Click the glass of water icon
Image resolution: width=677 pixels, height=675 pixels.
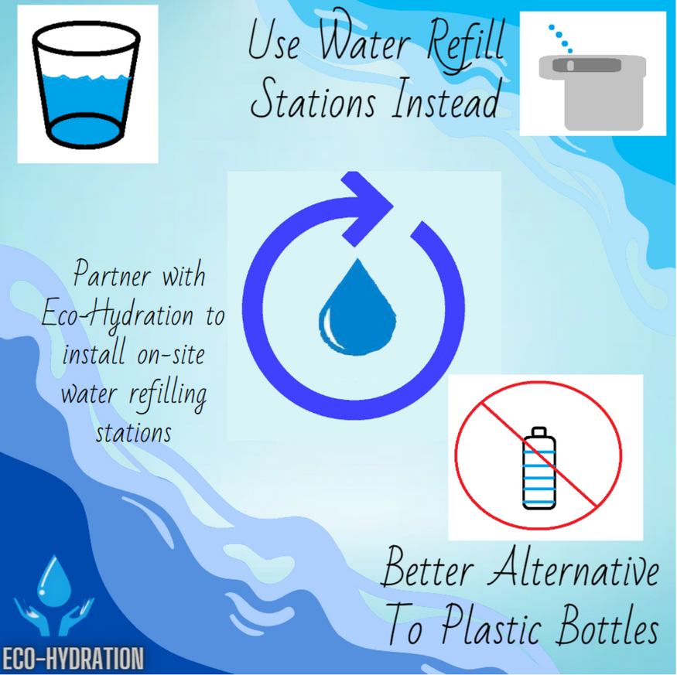tap(87, 84)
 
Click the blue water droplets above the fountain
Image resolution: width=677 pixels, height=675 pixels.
tap(560, 39)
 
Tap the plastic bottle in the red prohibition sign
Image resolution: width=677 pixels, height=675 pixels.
tap(539, 468)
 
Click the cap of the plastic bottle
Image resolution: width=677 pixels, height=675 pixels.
tap(539, 432)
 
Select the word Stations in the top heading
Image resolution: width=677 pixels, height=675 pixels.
tap(313, 99)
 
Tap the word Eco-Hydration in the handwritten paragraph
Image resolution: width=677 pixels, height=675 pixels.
tap(118, 315)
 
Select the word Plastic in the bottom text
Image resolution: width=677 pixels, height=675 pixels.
tap(491, 626)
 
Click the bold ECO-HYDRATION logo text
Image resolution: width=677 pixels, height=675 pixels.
tap(73, 659)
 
